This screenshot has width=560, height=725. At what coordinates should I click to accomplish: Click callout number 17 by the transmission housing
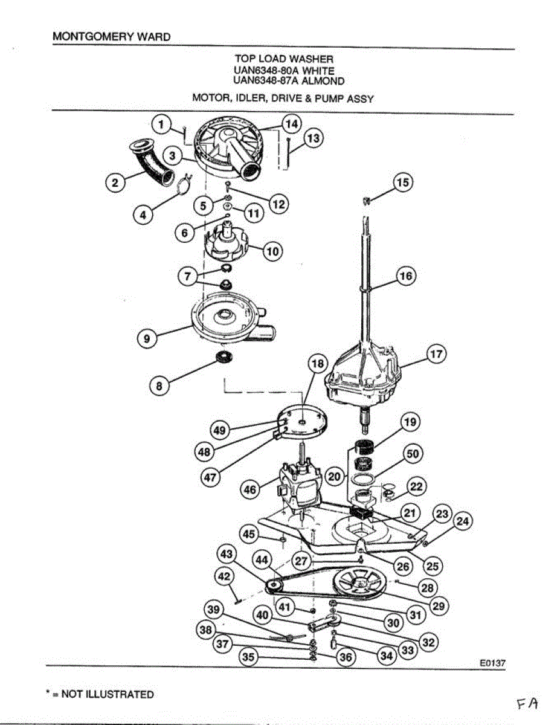pos(436,355)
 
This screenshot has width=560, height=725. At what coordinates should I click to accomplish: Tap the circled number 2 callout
pos(113,182)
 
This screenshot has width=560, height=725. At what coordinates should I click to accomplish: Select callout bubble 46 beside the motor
pos(249,489)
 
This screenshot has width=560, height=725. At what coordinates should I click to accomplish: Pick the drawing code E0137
pos(492,662)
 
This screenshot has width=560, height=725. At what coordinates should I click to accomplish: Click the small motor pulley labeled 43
pos(273,585)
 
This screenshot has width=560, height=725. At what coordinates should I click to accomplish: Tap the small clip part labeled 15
pos(366,200)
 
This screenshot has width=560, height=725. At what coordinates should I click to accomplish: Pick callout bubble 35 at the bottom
pos(247,657)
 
